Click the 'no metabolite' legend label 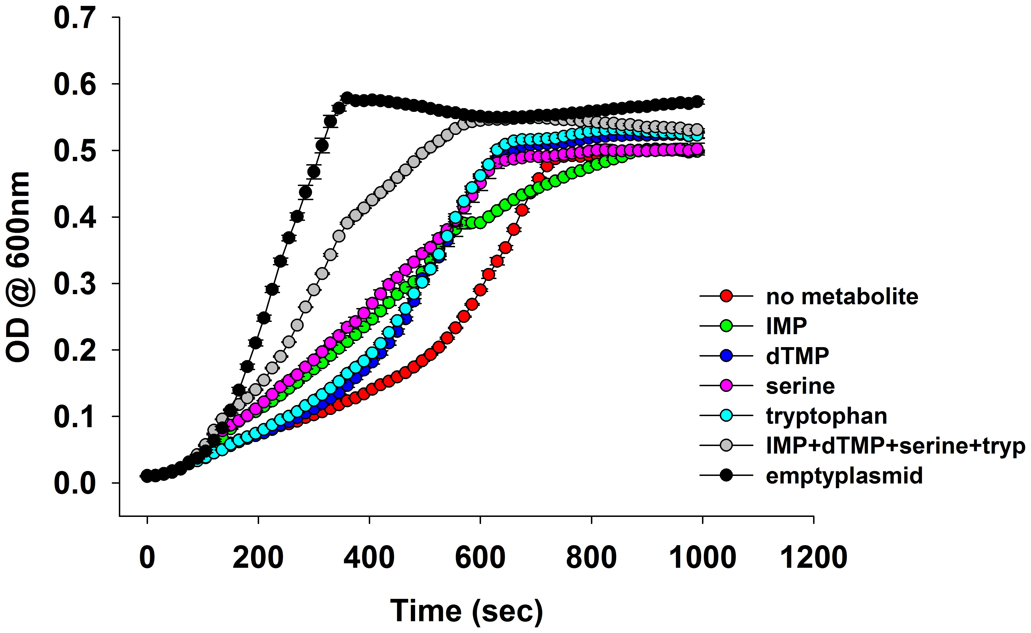842,297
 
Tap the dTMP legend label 797,356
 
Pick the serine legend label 800,386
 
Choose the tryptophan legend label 826,416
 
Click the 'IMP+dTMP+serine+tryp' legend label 895,446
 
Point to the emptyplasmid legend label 844,476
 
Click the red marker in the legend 726,296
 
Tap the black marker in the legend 726,475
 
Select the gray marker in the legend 726,446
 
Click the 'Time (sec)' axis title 466,611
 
